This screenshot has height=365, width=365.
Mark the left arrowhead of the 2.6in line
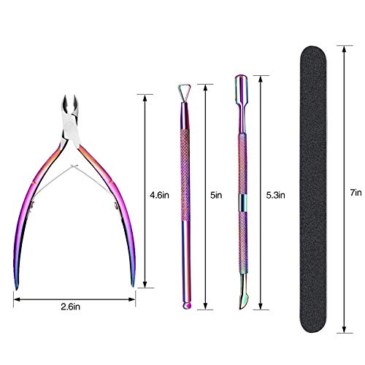coord(15,298)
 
